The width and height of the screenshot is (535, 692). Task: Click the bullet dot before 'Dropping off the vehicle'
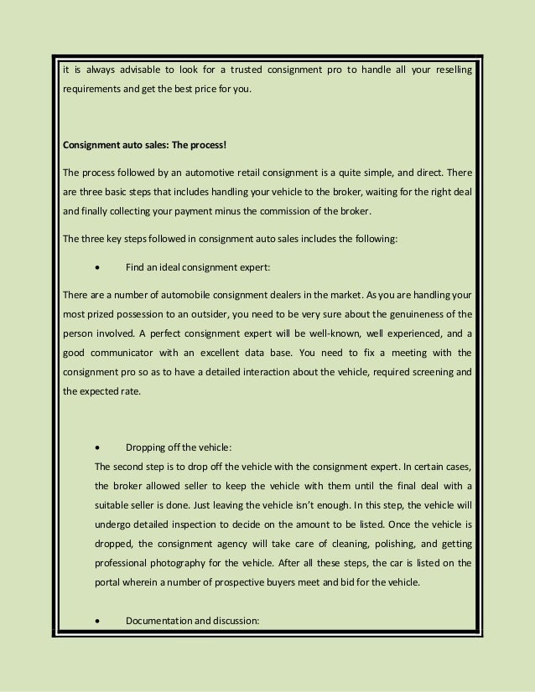100,449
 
